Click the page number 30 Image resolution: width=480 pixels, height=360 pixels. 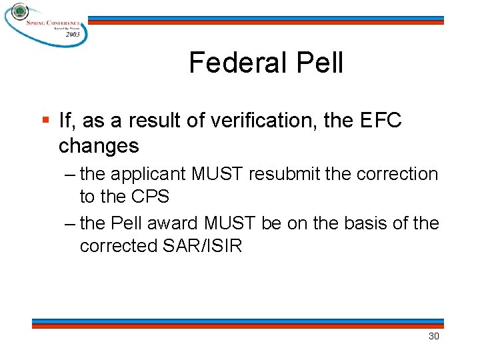[x=433, y=336]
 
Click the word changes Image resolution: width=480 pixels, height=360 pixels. [x=99, y=145]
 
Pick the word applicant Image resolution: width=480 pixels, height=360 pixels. [x=149, y=175]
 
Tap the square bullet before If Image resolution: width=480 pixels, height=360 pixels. [x=45, y=121]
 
